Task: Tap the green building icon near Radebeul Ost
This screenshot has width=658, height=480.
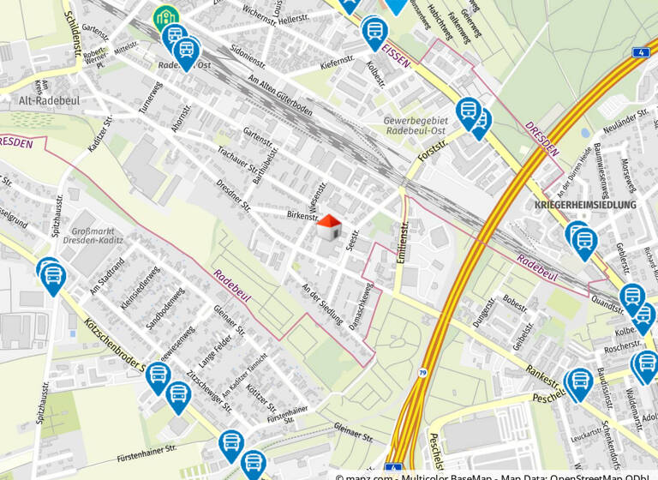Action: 165,18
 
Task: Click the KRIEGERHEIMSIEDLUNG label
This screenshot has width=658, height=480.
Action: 585,206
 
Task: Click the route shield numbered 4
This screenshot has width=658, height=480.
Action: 641,52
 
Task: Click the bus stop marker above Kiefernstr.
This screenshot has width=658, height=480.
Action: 374,33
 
